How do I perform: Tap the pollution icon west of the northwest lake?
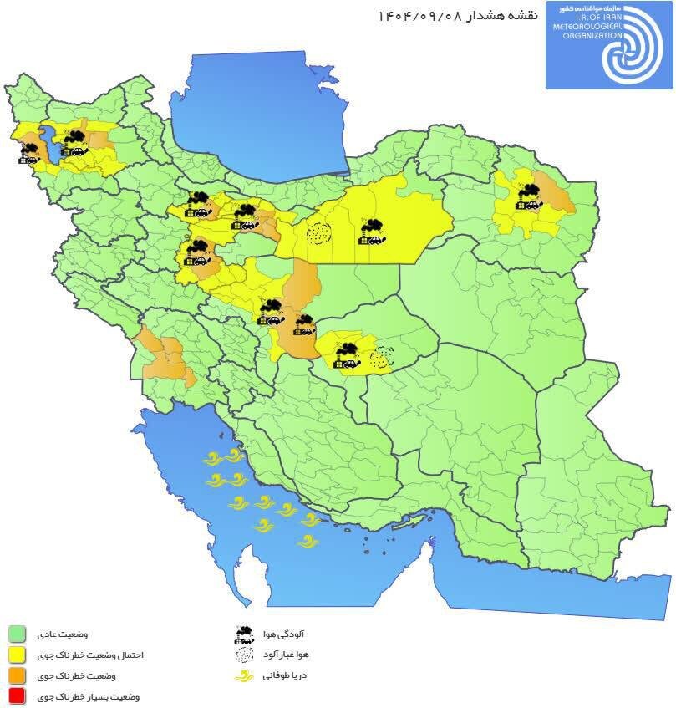31,153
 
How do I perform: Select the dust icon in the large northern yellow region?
318,233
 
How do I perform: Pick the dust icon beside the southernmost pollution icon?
382,357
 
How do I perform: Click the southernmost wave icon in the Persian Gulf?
308,542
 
